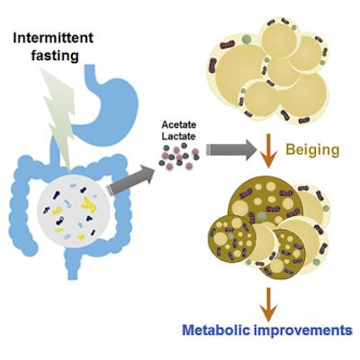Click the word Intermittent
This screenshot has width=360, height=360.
pos(53,38)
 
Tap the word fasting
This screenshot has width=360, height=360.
pos(55,56)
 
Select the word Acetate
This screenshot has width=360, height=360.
pos(179,124)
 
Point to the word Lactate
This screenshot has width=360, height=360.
pos(179,137)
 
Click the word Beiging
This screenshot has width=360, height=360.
pos(312,149)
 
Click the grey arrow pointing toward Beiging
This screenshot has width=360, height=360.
pos(230,149)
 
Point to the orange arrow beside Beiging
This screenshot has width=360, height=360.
pos(268,151)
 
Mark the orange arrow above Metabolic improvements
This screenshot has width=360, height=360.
pos(268,304)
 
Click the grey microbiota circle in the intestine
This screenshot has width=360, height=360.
pos(75,211)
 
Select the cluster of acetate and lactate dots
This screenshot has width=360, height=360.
pos(179,156)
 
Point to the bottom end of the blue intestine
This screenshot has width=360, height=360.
pos(72,276)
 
